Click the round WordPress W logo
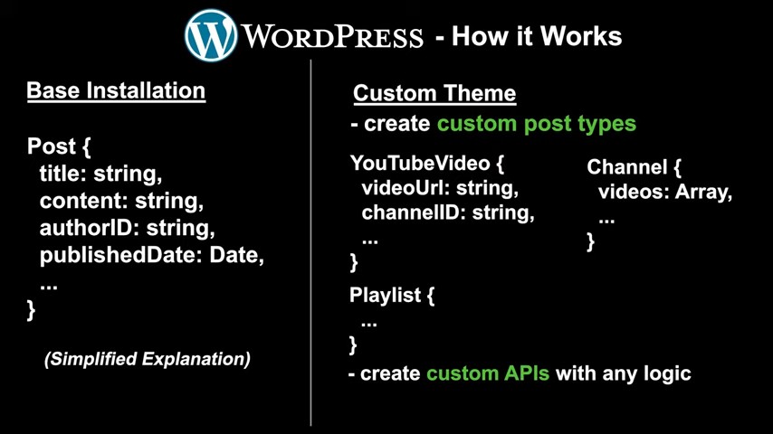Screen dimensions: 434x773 coord(211,35)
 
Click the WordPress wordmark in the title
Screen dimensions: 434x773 coord(332,37)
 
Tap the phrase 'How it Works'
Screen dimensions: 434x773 coord(536,37)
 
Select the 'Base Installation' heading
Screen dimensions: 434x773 coord(116,90)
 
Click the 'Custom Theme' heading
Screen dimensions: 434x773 coord(434,93)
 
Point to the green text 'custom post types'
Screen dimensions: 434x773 coord(536,123)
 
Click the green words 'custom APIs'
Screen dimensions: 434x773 coord(488,373)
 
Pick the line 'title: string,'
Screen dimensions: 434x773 coord(100,173)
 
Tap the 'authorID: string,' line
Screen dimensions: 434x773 coord(127,228)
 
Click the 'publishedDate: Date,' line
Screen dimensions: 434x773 coord(152,255)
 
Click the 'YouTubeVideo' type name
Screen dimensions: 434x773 coord(416,164)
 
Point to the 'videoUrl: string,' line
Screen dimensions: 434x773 coord(440,188)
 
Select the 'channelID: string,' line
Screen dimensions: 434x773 coord(448,212)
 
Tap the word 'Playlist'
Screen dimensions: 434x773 coord(384,295)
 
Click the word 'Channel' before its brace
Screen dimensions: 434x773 coord(625,167)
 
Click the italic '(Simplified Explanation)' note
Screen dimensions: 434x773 coord(148,358)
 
